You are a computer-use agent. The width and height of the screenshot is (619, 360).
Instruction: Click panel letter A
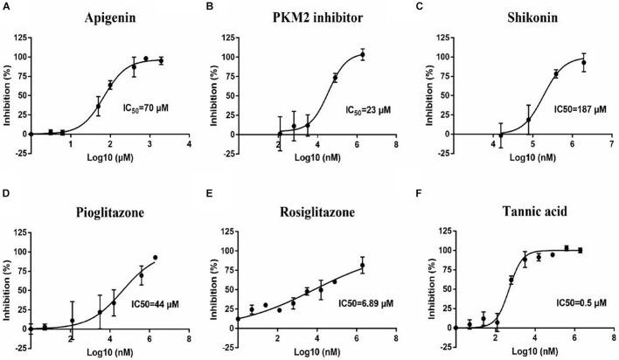6,7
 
